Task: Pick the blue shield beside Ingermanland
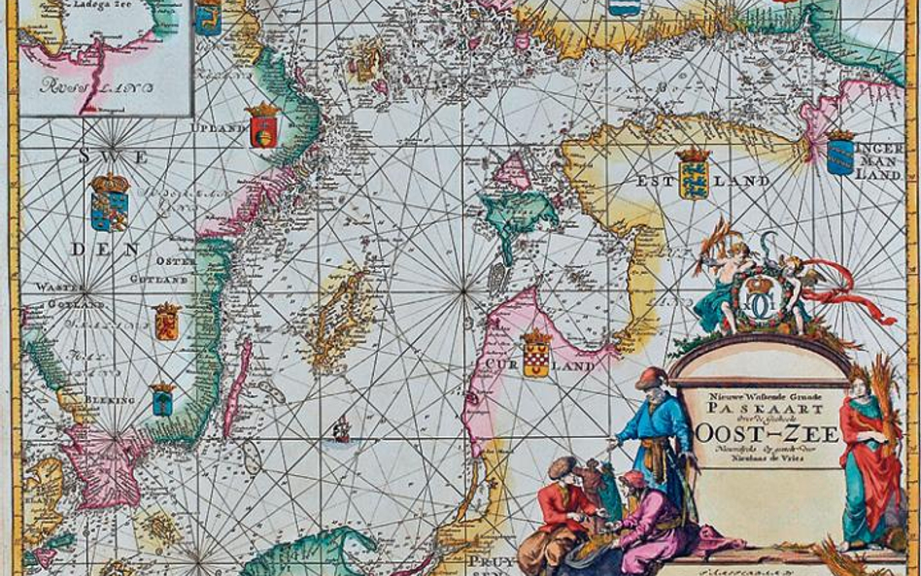tap(840, 153)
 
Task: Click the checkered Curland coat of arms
tap(535, 355)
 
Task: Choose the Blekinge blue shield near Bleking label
tap(162, 399)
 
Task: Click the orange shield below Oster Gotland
tap(167, 322)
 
